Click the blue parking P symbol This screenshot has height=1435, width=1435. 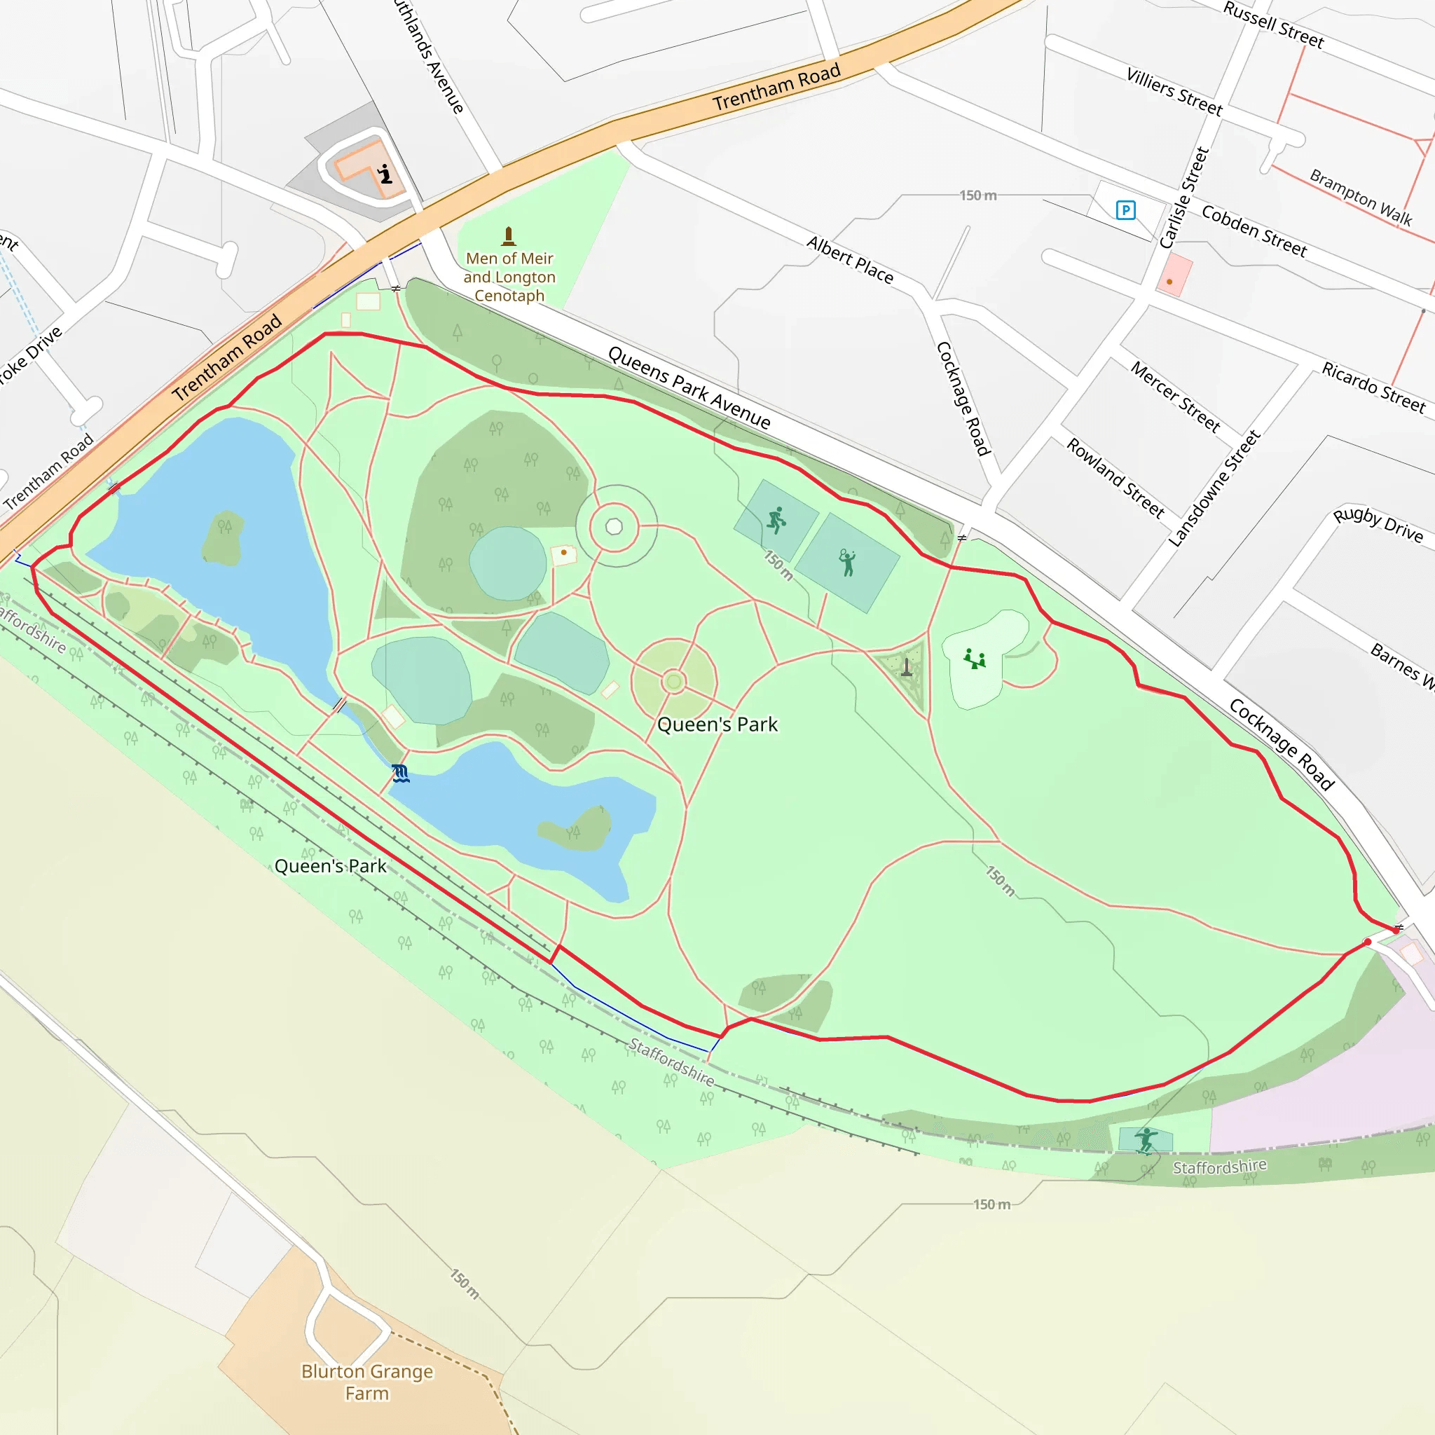1125,210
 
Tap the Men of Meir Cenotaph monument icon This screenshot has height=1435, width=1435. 509,236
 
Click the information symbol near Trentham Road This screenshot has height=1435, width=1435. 385,174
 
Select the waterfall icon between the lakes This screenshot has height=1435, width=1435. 400,774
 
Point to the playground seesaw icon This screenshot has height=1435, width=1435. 974,659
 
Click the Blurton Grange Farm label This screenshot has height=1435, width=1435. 367,1382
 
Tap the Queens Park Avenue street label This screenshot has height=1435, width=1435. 689,387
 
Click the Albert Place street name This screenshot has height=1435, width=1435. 850,259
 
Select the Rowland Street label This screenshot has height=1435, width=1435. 1115,477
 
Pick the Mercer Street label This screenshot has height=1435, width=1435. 1175,397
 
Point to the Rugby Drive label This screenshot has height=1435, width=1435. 1378,525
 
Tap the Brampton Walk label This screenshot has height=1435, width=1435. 1360,197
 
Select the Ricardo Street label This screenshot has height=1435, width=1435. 1373,387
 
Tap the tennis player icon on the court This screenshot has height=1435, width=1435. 846,562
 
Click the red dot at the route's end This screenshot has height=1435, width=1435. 1368,942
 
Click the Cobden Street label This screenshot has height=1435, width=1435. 1254,231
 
